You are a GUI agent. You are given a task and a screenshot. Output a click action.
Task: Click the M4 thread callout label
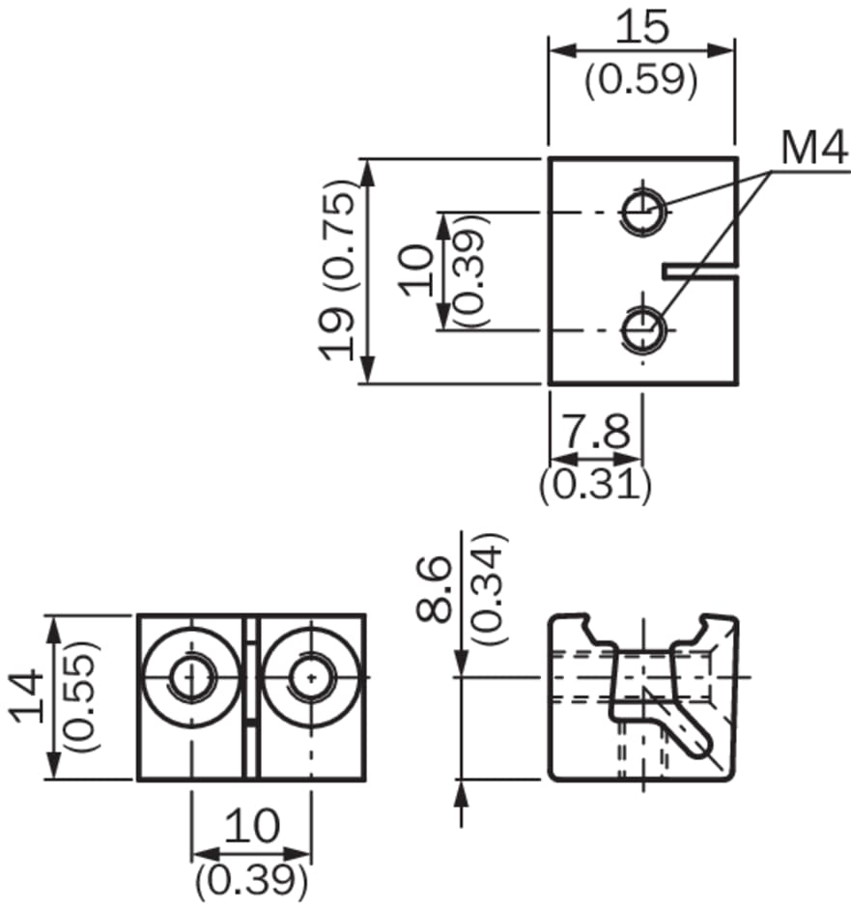(813, 148)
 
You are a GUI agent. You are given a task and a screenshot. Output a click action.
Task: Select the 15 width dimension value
(641, 26)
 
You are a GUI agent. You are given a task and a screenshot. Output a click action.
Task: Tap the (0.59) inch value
(640, 79)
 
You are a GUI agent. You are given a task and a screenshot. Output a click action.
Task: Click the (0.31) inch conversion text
(596, 484)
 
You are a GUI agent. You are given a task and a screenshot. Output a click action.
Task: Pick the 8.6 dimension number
(434, 589)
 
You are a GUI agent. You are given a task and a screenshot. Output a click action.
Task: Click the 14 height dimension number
(29, 696)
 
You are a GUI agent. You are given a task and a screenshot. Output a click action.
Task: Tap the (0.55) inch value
(81, 696)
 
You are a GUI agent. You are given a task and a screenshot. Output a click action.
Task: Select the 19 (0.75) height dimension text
(338, 270)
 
